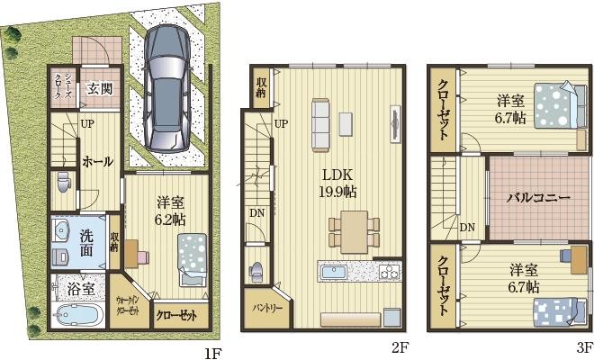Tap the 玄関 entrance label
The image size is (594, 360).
click(99, 88)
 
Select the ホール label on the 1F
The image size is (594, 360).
click(97, 162)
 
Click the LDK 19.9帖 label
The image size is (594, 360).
click(337, 182)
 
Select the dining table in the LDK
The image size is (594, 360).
click(355, 230)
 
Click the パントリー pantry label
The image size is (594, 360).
click(265, 308)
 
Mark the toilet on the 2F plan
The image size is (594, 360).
click(256, 271)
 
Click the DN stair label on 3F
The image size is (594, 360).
click(467, 227)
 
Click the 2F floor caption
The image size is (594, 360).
click(400, 346)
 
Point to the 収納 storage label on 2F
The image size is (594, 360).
click(261, 87)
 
